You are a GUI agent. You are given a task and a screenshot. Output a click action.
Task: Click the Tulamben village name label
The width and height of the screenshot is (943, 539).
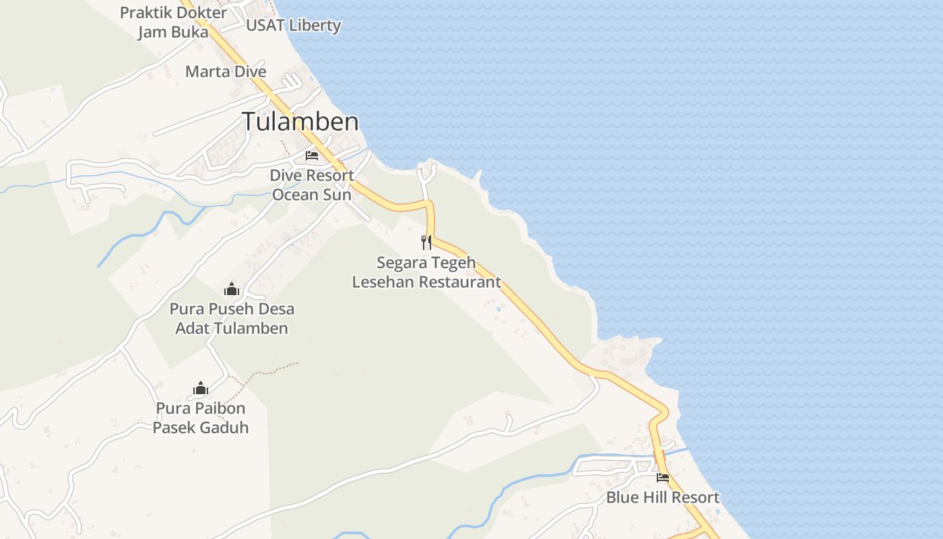click(x=300, y=122)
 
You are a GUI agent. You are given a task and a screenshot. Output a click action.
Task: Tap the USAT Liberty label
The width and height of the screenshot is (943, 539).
click(x=293, y=26)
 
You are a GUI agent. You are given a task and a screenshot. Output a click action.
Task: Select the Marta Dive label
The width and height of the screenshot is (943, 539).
click(x=226, y=71)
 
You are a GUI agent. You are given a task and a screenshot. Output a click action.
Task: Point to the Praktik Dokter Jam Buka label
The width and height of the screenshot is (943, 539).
click(x=173, y=22)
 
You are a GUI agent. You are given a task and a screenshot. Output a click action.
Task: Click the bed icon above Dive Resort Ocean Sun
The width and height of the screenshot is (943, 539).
click(x=312, y=156)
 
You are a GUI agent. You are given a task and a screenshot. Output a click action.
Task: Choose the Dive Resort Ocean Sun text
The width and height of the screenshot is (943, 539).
click(x=312, y=185)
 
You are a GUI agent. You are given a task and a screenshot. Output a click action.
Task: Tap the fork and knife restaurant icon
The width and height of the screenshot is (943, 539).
click(x=426, y=242)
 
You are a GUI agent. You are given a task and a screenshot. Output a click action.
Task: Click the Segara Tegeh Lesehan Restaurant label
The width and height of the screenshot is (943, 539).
click(x=426, y=272)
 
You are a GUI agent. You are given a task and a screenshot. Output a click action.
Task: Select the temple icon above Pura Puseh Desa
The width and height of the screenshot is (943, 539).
click(x=232, y=290)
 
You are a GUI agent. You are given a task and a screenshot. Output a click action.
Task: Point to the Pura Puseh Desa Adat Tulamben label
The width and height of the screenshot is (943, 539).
click(x=232, y=319)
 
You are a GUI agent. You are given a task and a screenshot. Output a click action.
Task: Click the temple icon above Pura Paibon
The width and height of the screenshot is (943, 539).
click(x=201, y=388)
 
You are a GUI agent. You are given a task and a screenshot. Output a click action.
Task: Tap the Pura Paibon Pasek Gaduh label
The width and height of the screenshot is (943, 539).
click(x=201, y=418)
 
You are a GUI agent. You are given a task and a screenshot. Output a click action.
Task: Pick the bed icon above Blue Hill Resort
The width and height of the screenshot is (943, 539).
click(x=663, y=478)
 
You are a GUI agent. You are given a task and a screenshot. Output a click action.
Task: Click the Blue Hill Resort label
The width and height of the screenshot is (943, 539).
click(x=663, y=498)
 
